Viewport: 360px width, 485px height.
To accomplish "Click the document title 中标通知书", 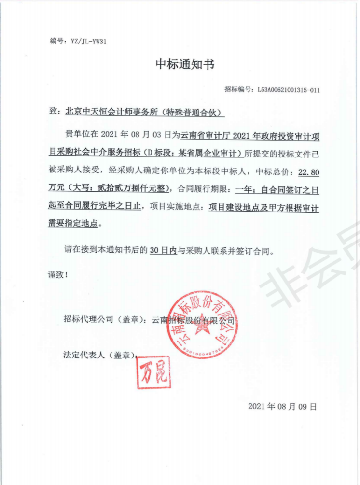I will click(184, 65).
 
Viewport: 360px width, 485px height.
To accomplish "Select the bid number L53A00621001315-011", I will click(288, 90).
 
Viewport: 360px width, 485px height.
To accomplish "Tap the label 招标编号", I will click(239, 90).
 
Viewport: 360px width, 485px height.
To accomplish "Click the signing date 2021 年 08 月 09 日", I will click(282, 406).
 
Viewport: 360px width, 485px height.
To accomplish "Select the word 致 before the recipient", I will click(54, 112).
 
